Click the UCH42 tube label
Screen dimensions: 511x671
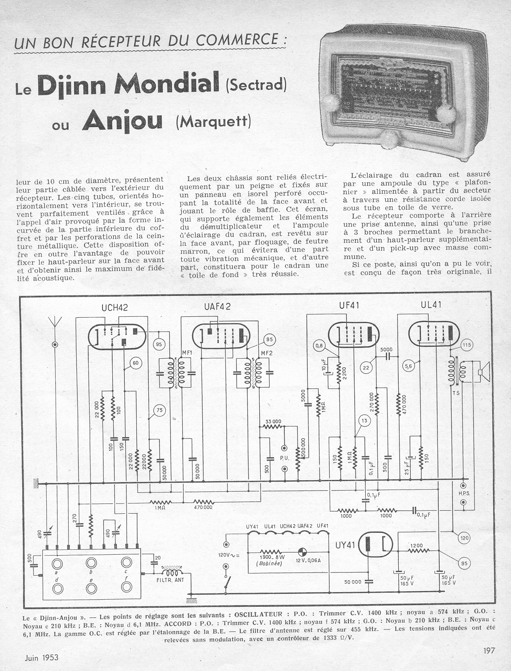[115, 307]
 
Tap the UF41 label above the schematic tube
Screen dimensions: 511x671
[349, 305]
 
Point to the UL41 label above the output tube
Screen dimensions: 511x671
[431, 305]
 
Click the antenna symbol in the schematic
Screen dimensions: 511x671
[54, 322]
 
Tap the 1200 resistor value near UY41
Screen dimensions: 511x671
[417, 545]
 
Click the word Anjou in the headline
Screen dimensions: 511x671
[122, 122]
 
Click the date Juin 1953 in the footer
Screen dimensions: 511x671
[40, 657]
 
